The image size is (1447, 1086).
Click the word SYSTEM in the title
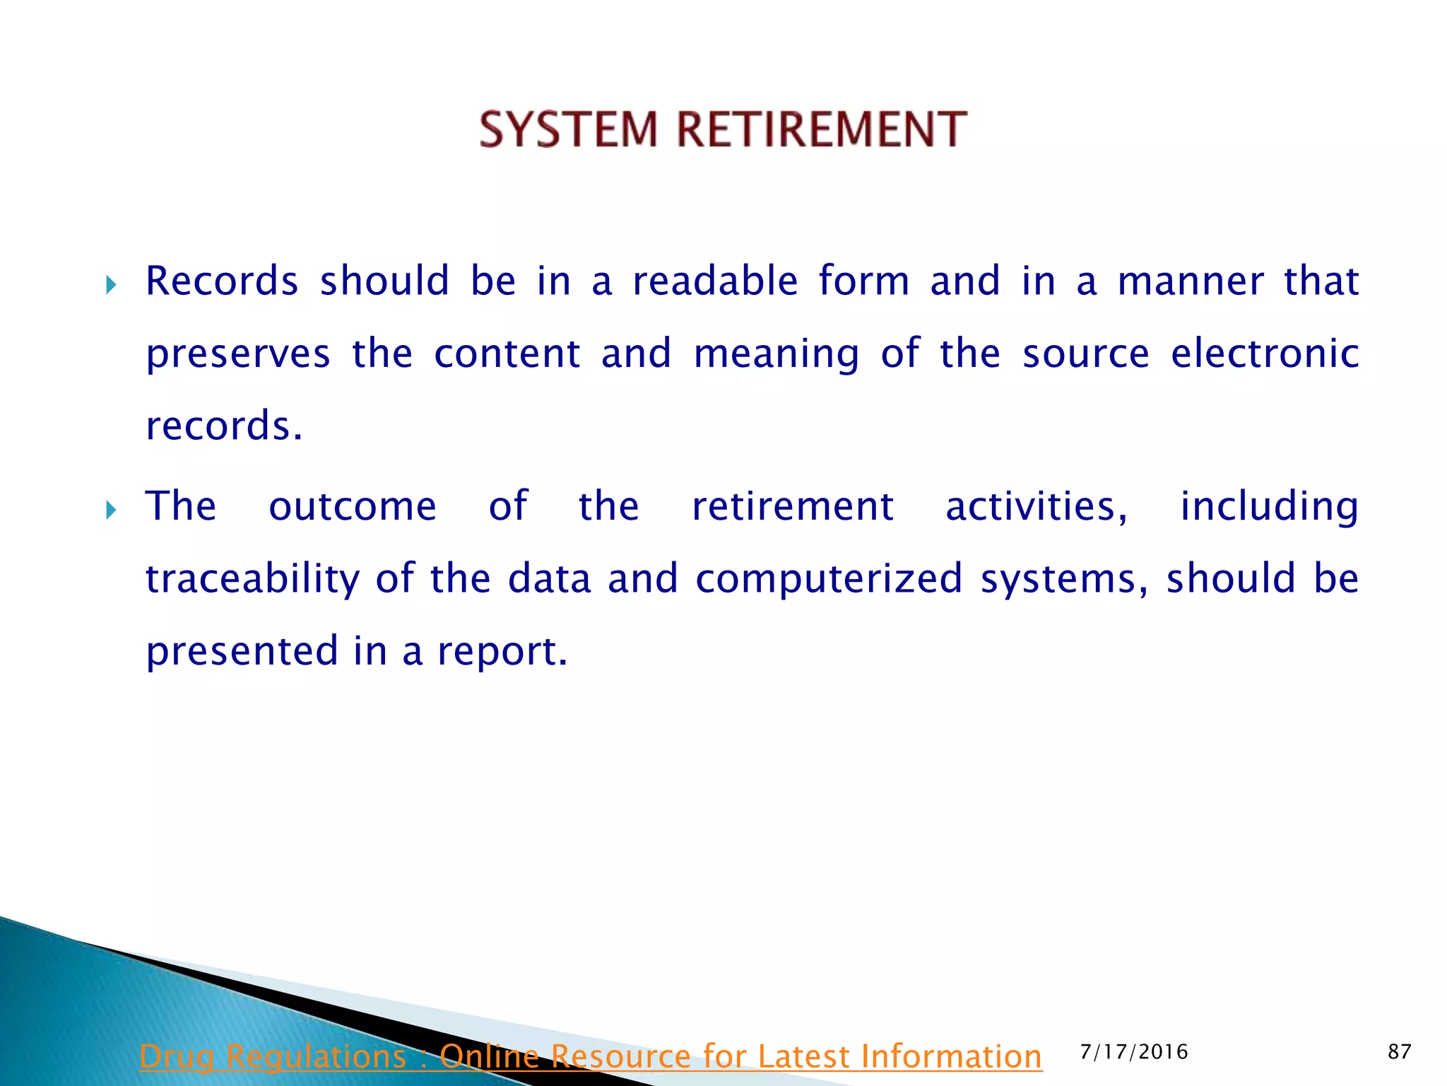pyautogui.click(x=568, y=129)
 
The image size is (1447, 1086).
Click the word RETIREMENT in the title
pyautogui.click(x=822, y=129)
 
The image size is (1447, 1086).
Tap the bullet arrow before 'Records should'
pyautogui.click(x=111, y=286)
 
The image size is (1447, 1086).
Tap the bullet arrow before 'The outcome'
pyautogui.click(x=111, y=510)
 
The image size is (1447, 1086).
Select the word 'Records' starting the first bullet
pyautogui.click(x=222, y=281)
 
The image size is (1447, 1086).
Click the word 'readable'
pyautogui.click(x=715, y=281)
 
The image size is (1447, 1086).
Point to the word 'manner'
pyautogui.click(x=1191, y=281)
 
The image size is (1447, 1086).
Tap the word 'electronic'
pyautogui.click(x=1265, y=354)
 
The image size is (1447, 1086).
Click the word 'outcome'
pyautogui.click(x=353, y=507)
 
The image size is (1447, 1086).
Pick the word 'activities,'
pyautogui.click(x=1036, y=507)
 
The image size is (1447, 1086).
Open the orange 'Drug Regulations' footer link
pyautogui.click(x=590, y=1056)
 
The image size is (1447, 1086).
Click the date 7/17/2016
pyautogui.click(x=1134, y=1052)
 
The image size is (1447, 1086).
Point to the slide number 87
pyautogui.click(x=1399, y=1052)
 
